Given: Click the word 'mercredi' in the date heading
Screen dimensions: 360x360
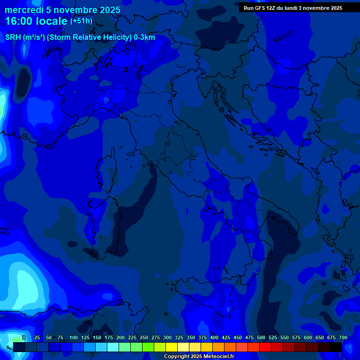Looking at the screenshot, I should coord(22,10).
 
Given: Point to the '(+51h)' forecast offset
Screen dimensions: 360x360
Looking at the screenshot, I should coord(81,21).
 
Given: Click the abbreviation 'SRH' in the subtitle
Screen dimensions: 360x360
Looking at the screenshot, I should coord(13,37).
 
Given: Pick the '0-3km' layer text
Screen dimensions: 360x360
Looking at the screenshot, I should coord(144,37).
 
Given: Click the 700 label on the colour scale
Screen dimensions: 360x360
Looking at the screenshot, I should coord(343,338).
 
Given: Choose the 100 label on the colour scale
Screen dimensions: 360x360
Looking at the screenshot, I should coord(74,338).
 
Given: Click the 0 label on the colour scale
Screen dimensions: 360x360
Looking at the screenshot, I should coord(24,338).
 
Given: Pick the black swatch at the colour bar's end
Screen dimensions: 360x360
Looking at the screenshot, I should coord(336,347).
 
